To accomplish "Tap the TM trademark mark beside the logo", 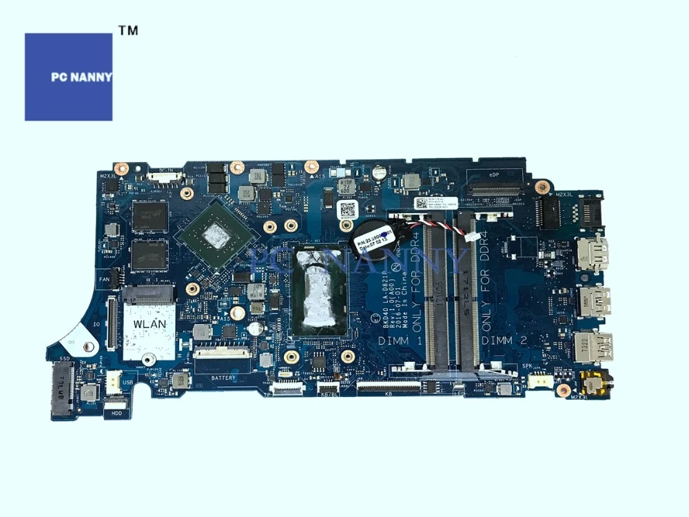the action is point(128,31).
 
